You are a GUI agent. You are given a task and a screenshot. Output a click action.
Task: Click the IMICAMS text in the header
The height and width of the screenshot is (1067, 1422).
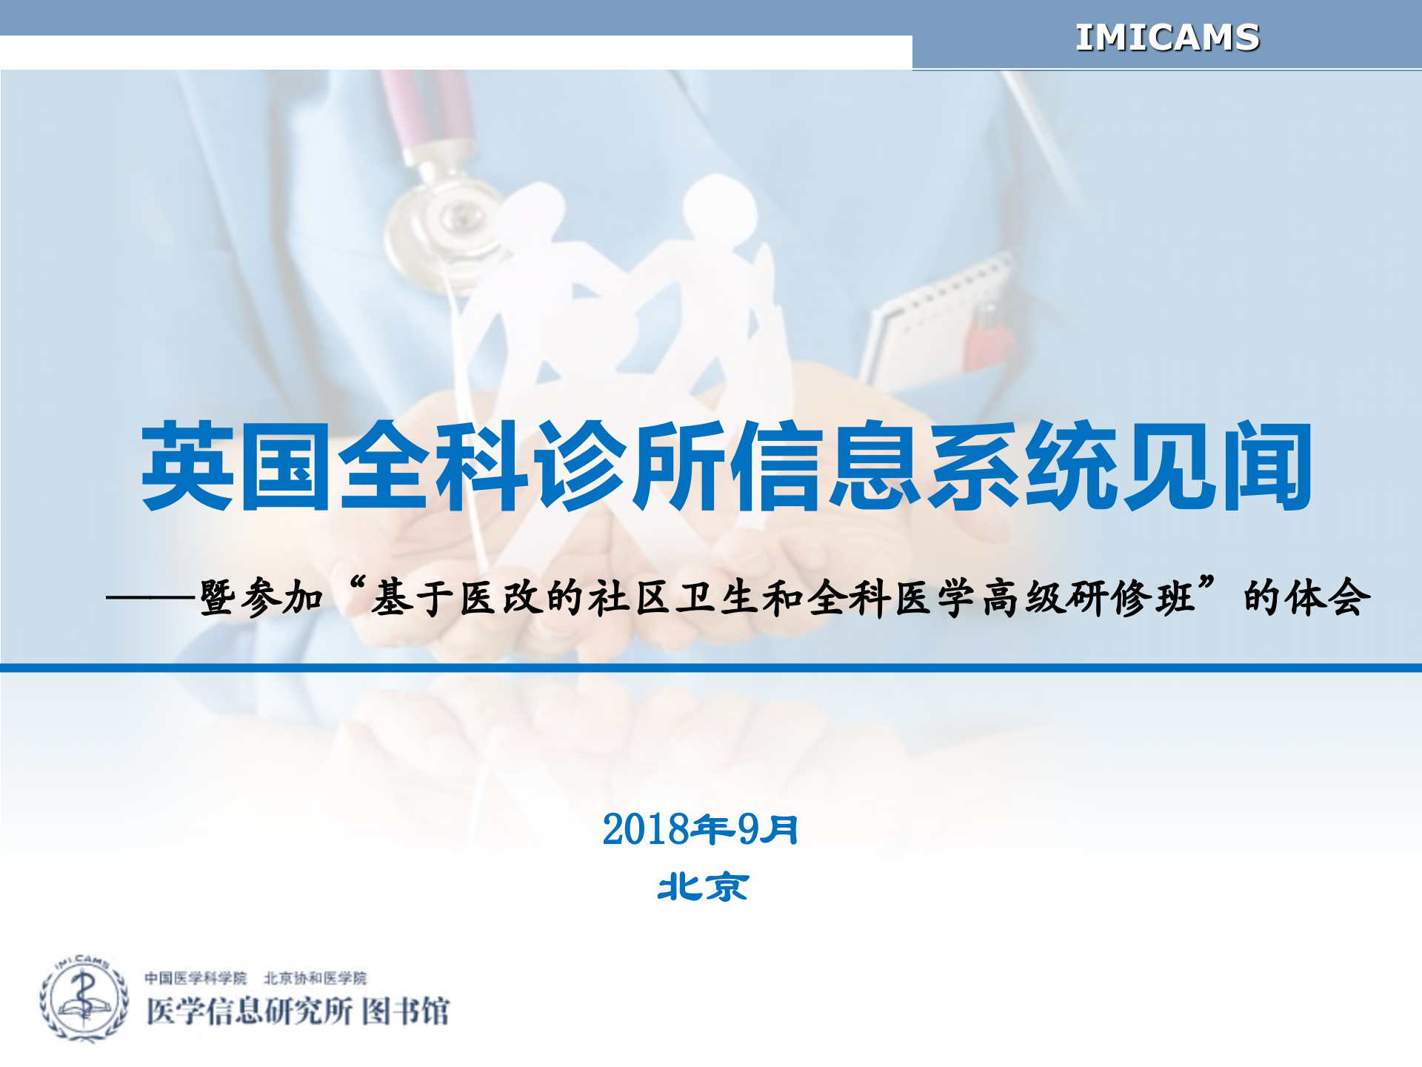[1166, 38]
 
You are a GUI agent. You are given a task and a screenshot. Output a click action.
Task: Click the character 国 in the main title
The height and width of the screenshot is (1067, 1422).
[286, 467]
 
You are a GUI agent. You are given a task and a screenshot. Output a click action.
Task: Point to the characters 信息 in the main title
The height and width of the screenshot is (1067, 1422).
[826, 467]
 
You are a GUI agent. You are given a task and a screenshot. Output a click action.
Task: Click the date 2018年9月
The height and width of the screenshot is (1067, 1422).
[700, 829]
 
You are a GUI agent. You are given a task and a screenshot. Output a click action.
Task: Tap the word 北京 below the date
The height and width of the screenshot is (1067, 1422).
[703, 887]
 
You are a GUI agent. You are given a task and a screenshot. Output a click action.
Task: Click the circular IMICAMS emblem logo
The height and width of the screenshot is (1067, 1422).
[83, 998]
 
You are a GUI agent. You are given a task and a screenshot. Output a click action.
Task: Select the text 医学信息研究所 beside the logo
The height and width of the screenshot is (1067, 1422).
[249, 1011]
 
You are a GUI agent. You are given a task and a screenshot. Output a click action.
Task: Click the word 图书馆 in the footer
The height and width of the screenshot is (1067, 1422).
[406, 1011]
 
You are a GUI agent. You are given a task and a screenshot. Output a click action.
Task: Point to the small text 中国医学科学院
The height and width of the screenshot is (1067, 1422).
[196, 978]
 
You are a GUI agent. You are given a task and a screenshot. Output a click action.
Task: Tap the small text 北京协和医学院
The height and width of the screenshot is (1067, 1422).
[316, 978]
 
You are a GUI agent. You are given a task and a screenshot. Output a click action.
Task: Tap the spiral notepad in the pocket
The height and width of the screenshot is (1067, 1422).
[933, 319]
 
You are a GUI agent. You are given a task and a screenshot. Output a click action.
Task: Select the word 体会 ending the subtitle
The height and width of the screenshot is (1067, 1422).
[1329, 597]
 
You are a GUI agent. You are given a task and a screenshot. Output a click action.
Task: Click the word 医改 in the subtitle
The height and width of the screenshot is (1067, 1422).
[502, 597]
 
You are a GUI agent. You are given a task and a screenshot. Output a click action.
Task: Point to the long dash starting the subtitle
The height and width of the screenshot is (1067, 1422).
[152, 597]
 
